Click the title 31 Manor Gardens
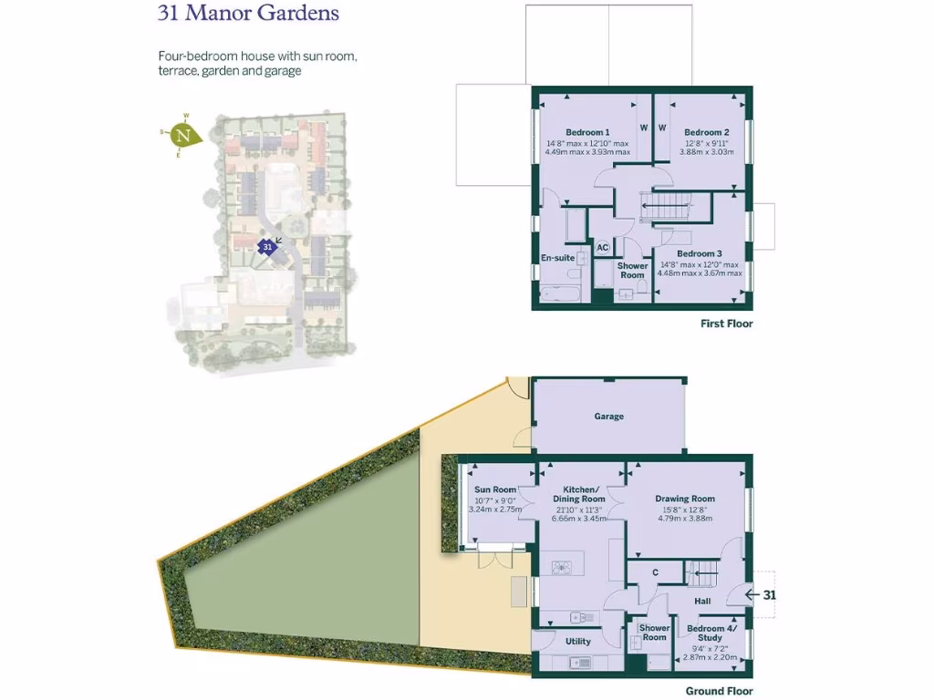(x=248, y=14)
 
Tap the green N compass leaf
(x=186, y=137)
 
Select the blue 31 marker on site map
(x=266, y=247)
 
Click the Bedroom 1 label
(x=587, y=132)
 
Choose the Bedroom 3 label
(x=700, y=253)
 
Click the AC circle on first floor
(x=602, y=248)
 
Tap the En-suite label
(x=557, y=259)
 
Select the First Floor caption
(x=726, y=324)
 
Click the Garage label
(x=608, y=417)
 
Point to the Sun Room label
(x=495, y=490)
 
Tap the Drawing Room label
(x=684, y=499)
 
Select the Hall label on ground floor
(x=702, y=602)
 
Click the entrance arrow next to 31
(x=752, y=595)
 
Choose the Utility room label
(x=577, y=641)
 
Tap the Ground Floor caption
(x=720, y=691)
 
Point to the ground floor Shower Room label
(x=654, y=633)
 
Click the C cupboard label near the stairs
(x=655, y=572)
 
